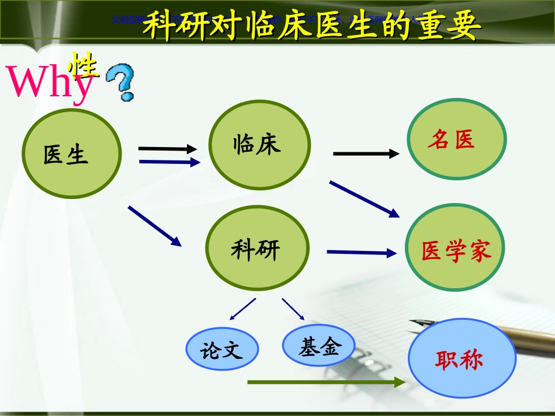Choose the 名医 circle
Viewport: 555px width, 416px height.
click(x=456, y=139)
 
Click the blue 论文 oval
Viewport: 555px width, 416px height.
click(x=222, y=350)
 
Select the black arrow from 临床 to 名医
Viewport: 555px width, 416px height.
click(x=366, y=153)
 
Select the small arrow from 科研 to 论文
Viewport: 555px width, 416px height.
click(x=243, y=309)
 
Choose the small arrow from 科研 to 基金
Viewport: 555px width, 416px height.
click(x=293, y=309)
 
